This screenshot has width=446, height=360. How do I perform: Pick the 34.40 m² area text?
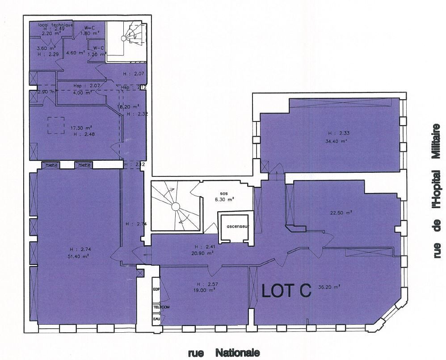(337, 141)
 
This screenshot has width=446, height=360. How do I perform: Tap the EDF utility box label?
(156, 289)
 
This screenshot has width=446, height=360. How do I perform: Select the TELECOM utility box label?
(160, 307)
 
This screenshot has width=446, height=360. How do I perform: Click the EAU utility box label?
(156, 319)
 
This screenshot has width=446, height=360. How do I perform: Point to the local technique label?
(55, 25)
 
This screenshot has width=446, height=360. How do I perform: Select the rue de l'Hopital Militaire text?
(437, 191)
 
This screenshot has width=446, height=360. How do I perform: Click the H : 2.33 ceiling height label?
(336, 133)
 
